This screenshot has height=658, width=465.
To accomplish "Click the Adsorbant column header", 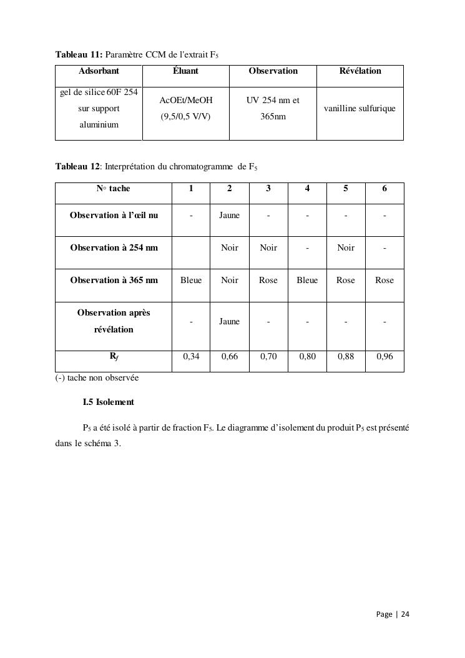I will coord(99,71).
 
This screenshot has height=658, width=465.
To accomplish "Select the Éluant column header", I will coord(185,71).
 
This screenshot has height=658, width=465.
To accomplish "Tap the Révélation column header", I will coord(360,71).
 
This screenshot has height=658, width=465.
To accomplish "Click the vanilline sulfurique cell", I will coord(360,109).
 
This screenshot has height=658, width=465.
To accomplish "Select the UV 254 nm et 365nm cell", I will coord(273,108).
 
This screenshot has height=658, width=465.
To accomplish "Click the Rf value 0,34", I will coord(191,357).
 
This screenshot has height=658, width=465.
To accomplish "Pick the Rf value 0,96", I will coord(384,357).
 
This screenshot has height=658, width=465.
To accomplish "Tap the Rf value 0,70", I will coord(268,357).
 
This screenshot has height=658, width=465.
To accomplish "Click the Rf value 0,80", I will coord(307,357).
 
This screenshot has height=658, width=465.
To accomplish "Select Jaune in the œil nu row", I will coord(230,216).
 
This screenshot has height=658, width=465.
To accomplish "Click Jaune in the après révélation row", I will coord(230,322).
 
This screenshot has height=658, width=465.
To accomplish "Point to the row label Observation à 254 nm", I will coord(114,248).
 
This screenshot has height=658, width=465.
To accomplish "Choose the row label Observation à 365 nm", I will coord(114,281).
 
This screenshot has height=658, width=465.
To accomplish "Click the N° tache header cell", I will coord(113,189).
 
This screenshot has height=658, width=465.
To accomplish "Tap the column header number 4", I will coord(307,189).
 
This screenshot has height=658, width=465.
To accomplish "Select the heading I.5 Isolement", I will coord(108,402).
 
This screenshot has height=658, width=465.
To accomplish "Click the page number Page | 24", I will coord(393,614).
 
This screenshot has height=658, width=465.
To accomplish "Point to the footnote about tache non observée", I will coord(97,378).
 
